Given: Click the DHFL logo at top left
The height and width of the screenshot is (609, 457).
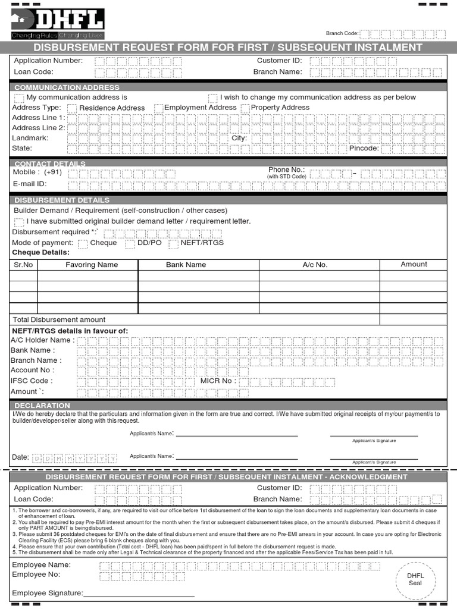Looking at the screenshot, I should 57,24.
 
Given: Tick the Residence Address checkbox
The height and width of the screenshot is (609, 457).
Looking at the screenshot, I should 72,108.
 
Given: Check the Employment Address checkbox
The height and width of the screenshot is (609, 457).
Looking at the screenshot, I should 159,108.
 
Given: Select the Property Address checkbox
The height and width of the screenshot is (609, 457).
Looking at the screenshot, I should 245,108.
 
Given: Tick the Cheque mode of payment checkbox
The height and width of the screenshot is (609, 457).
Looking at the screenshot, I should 83,243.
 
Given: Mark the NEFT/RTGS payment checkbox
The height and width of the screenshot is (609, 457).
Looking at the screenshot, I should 174,243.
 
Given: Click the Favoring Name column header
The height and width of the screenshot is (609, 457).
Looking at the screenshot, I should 92,265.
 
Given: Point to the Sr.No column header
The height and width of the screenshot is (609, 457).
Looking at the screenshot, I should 23,265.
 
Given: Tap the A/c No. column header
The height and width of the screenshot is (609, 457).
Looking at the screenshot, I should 315,265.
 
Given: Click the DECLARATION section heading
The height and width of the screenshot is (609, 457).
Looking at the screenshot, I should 38,406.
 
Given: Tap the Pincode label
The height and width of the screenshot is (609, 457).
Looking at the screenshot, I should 364,148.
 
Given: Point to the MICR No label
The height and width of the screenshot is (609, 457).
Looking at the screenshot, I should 218,381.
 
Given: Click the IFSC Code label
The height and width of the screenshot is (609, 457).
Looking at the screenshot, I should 32,381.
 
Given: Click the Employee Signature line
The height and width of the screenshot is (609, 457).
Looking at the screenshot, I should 139,594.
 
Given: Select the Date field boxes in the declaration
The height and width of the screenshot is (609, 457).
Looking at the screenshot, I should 74,458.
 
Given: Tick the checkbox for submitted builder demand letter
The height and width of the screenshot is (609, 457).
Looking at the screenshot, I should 19,222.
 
